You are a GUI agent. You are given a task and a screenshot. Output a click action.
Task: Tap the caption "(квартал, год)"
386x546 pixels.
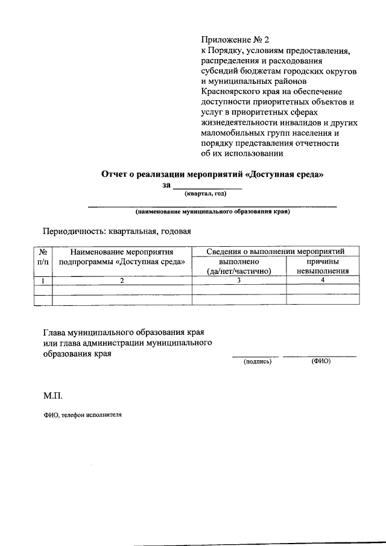point(205,194)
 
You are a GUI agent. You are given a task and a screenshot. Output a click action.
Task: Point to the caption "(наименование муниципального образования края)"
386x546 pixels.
point(213,212)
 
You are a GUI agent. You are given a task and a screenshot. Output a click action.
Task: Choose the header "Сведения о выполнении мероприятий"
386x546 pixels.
point(275,251)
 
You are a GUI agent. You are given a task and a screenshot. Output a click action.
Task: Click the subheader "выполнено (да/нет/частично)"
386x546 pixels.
point(239,266)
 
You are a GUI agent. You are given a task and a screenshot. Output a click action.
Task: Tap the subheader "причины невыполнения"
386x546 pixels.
point(323,266)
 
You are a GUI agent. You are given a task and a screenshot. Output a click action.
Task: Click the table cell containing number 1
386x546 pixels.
point(43,280)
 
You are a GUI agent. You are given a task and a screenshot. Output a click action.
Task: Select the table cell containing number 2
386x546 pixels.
point(122,280)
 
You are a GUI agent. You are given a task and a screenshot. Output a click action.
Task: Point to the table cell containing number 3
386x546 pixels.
point(239,280)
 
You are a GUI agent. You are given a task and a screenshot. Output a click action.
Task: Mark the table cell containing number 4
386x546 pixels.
point(323,280)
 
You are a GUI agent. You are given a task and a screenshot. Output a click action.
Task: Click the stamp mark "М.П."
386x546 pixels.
point(52,397)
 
